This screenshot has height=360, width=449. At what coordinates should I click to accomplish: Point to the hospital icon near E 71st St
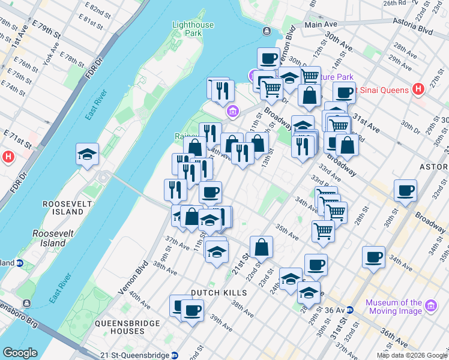pos(8,157)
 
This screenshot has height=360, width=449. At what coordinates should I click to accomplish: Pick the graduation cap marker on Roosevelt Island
pos(88,154)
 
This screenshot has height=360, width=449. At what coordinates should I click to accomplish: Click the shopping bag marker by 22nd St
pos(261,247)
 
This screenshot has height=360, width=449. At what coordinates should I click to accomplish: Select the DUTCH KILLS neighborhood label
pos(218,293)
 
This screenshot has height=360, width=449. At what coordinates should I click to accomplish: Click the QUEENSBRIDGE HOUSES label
pos(127,328)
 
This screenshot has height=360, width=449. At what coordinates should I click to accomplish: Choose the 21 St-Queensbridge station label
pos(136,355)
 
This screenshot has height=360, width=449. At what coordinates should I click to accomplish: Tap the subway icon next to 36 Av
pos(349,310)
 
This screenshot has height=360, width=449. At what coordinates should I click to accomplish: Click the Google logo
pos(20,353)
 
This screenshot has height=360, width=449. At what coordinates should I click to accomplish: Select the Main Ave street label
pos(321,25)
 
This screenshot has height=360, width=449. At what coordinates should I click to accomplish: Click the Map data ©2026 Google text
pos(411,355)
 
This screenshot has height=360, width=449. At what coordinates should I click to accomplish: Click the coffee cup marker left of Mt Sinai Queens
pos(344,92)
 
